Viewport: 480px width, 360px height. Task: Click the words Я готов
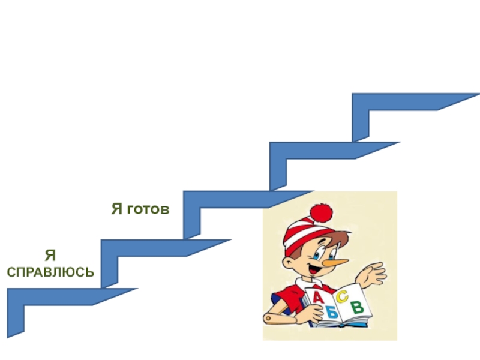[140, 209]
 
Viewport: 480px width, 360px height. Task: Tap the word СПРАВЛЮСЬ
[50, 272]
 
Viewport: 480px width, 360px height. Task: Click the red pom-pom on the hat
[321, 212]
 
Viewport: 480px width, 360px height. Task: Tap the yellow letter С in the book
[343, 296]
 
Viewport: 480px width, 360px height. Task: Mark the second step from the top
[330, 150]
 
